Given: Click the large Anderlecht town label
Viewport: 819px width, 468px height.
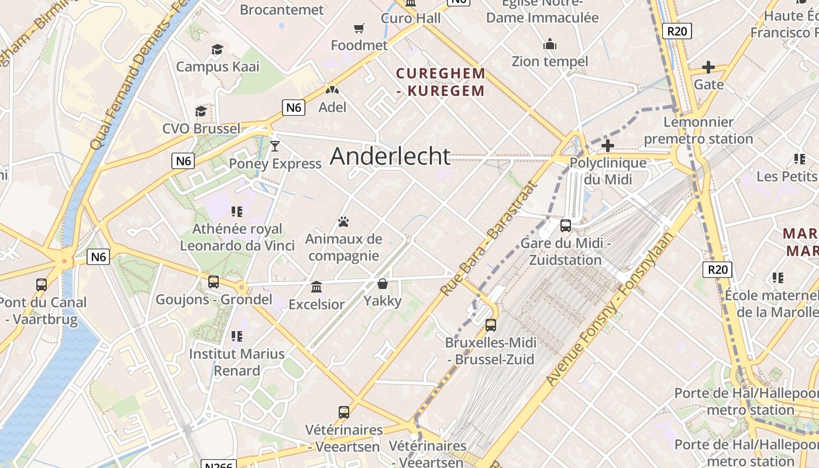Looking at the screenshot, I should [x=390, y=156].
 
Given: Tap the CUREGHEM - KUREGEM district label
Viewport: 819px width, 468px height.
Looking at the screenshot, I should [x=441, y=82].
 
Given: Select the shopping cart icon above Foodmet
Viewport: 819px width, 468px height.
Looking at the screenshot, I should [x=359, y=28].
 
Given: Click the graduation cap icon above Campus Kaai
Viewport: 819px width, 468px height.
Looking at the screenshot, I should [x=218, y=49].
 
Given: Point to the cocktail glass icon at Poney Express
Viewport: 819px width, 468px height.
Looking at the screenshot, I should [x=275, y=146].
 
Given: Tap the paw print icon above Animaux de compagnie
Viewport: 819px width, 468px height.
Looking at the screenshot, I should [x=343, y=222].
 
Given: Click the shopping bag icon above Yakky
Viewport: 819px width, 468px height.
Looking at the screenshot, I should [x=383, y=284].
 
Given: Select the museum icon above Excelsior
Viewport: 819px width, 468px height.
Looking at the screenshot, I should [x=316, y=287].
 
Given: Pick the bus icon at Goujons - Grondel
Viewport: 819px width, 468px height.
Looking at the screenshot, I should [x=214, y=282].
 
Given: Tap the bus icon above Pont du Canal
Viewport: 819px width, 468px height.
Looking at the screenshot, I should [x=42, y=285].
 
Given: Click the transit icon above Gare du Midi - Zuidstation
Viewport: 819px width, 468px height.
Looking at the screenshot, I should [x=566, y=225].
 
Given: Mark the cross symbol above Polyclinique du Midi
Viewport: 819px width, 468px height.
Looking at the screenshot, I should [x=608, y=145].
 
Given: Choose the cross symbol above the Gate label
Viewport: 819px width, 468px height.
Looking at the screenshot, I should [x=708, y=67].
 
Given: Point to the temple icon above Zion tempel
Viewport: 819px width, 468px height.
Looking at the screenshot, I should [x=550, y=44].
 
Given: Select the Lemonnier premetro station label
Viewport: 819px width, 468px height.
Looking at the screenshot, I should [x=698, y=130].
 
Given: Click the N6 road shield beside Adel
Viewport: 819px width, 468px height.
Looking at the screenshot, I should [x=294, y=107].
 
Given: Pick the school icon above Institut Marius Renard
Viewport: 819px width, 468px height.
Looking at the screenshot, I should [x=236, y=336].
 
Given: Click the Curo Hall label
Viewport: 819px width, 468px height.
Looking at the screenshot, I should [x=411, y=18].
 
